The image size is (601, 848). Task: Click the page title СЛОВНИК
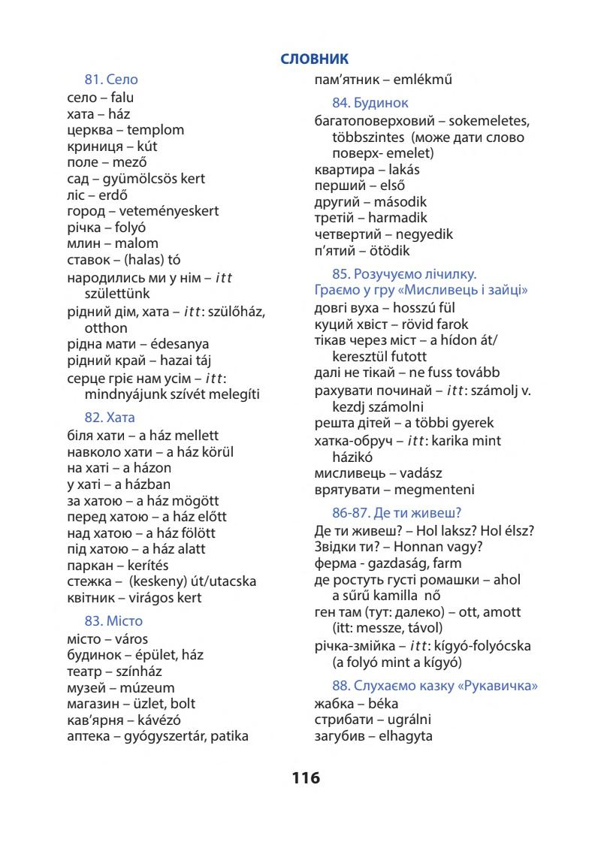coord(314,59)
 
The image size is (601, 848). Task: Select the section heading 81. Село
coord(111,79)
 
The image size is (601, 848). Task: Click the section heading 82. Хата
coord(110,418)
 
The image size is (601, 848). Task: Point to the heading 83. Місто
coord(113,621)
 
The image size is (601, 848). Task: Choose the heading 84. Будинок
coord(370,103)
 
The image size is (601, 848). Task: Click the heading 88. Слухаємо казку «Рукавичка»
coord(435,686)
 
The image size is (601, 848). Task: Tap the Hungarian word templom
coord(156,130)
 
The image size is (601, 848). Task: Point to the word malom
coord(136,243)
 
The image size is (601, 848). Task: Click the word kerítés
coord(143,565)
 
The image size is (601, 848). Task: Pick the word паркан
coord(89,565)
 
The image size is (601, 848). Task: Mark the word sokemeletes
coord(488,121)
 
